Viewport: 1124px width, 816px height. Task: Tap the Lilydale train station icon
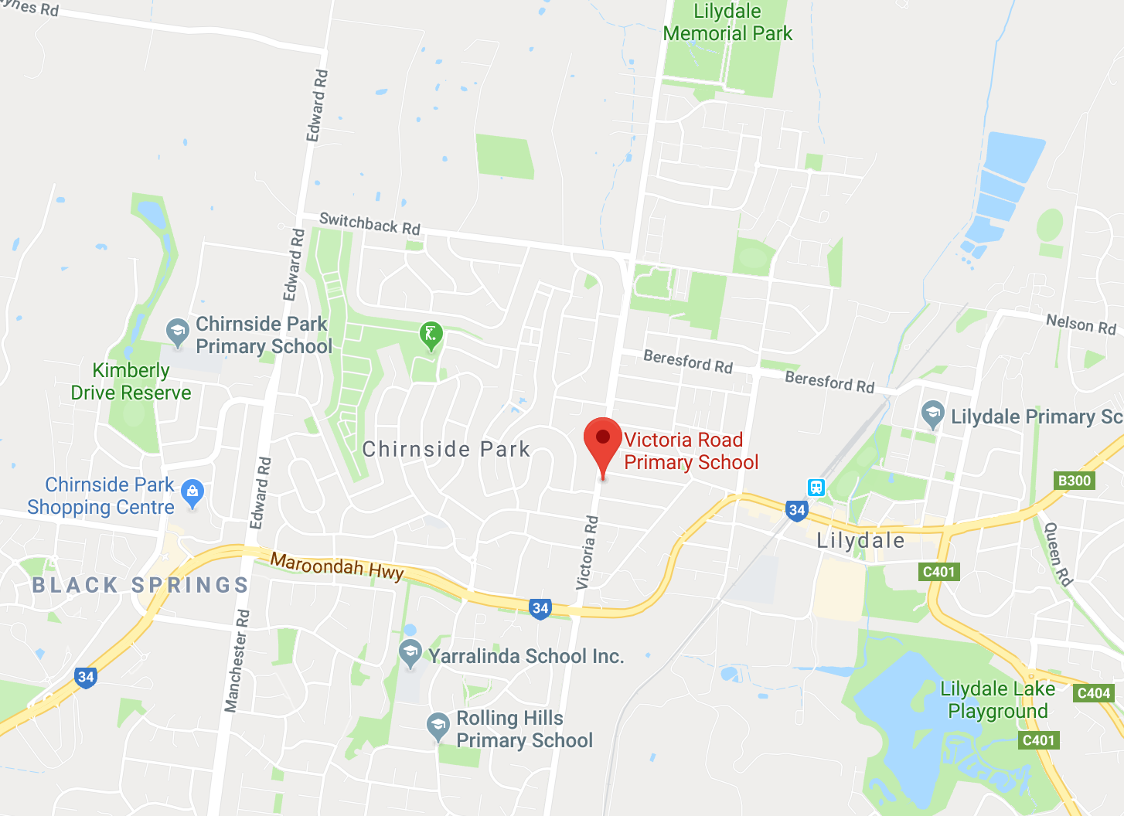point(816,487)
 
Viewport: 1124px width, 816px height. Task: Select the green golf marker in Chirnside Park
point(431,335)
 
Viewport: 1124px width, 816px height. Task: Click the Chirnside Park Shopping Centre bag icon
point(192,491)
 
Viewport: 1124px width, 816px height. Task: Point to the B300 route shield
point(1075,481)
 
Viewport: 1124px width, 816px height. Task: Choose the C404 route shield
point(1094,693)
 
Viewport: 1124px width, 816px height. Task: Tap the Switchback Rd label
point(370,224)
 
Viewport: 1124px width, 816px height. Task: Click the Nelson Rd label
point(1081,324)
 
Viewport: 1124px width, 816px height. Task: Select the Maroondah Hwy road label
point(337,566)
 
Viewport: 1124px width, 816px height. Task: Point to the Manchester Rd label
point(237,661)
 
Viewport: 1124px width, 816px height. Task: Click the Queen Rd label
point(1058,554)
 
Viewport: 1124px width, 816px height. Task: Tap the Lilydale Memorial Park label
point(727,22)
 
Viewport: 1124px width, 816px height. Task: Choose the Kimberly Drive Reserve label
point(131,382)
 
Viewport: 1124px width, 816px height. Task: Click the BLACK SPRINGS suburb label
point(141,585)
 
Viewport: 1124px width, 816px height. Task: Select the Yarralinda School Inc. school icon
point(410,654)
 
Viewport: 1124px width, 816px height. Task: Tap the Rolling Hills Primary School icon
point(438,726)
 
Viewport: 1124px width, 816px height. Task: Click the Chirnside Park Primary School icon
point(178,332)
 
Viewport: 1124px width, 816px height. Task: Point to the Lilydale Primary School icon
point(933,414)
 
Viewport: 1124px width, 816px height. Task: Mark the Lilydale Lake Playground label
point(997,700)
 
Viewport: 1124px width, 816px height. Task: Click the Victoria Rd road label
point(588,552)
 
